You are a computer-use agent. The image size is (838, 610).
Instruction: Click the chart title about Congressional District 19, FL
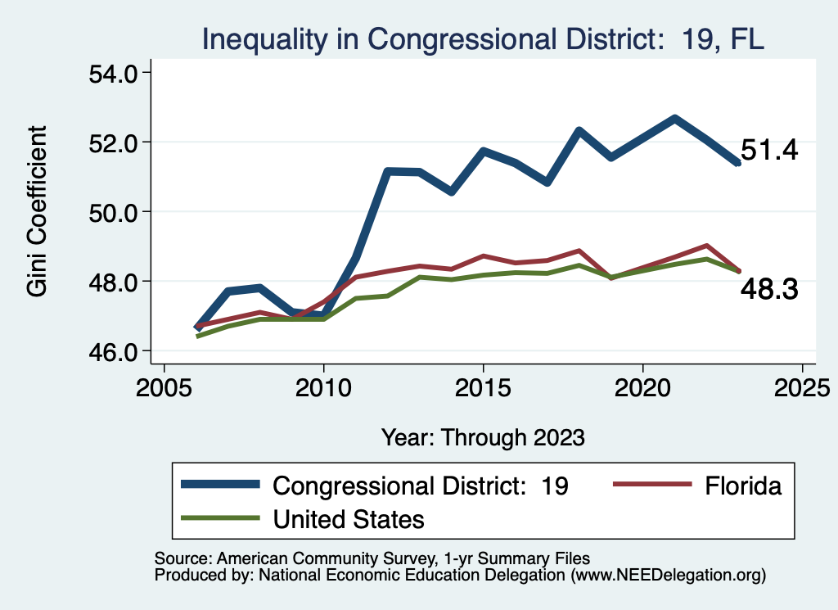[x=483, y=38]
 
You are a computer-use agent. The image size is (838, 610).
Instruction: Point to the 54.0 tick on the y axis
[x=115, y=73]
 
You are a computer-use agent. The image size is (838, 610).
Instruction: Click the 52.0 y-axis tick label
[x=115, y=142]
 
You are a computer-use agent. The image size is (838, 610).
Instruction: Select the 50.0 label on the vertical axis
[x=115, y=212]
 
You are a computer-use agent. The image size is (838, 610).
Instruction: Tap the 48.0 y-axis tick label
[x=115, y=282]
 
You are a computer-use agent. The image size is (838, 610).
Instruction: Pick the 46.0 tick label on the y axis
[x=115, y=351]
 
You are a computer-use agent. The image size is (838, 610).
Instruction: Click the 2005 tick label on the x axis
[x=164, y=386]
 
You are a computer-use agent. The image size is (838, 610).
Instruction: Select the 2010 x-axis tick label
[x=324, y=386]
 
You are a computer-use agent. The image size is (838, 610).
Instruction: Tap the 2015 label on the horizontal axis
[x=484, y=386]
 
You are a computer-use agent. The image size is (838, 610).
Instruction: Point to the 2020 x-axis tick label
[x=643, y=386]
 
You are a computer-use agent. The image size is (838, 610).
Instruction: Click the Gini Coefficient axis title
[x=37, y=211]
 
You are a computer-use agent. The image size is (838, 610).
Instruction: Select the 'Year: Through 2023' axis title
[x=483, y=437]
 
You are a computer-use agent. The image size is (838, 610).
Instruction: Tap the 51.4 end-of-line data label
[x=769, y=151]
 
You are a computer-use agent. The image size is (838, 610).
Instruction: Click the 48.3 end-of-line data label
[x=769, y=289]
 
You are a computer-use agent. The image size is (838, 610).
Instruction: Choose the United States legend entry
[x=349, y=518]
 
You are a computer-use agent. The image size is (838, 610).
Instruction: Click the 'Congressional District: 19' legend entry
[x=420, y=486]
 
